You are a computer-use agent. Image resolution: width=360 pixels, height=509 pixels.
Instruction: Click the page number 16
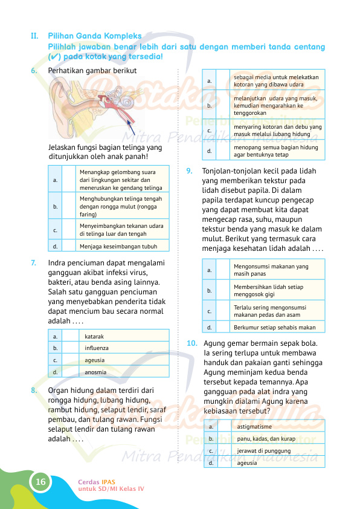pos(40,482)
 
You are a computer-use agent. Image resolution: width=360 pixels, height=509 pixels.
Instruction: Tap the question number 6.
pos(33,70)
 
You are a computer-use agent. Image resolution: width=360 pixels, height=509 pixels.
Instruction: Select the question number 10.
pos(191,343)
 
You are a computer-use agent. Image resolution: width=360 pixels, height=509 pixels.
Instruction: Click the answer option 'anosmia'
pos(96,372)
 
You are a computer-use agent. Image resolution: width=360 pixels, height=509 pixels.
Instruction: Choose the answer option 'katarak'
pos(94,336)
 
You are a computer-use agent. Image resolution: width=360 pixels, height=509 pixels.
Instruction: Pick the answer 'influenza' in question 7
pos(97,348)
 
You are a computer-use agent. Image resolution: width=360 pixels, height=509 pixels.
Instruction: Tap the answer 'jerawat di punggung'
pos(264,451)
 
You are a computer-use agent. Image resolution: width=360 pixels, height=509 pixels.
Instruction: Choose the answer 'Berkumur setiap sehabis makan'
pos(274,328)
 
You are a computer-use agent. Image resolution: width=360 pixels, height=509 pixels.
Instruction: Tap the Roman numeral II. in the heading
pos(35,36)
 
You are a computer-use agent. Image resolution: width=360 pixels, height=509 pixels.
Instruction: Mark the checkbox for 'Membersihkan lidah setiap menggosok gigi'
pos(223,291)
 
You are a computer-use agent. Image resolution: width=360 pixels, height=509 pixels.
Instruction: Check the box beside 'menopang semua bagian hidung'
pos(223,150)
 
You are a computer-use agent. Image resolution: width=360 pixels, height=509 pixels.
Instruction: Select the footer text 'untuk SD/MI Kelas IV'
pos(111,488)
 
